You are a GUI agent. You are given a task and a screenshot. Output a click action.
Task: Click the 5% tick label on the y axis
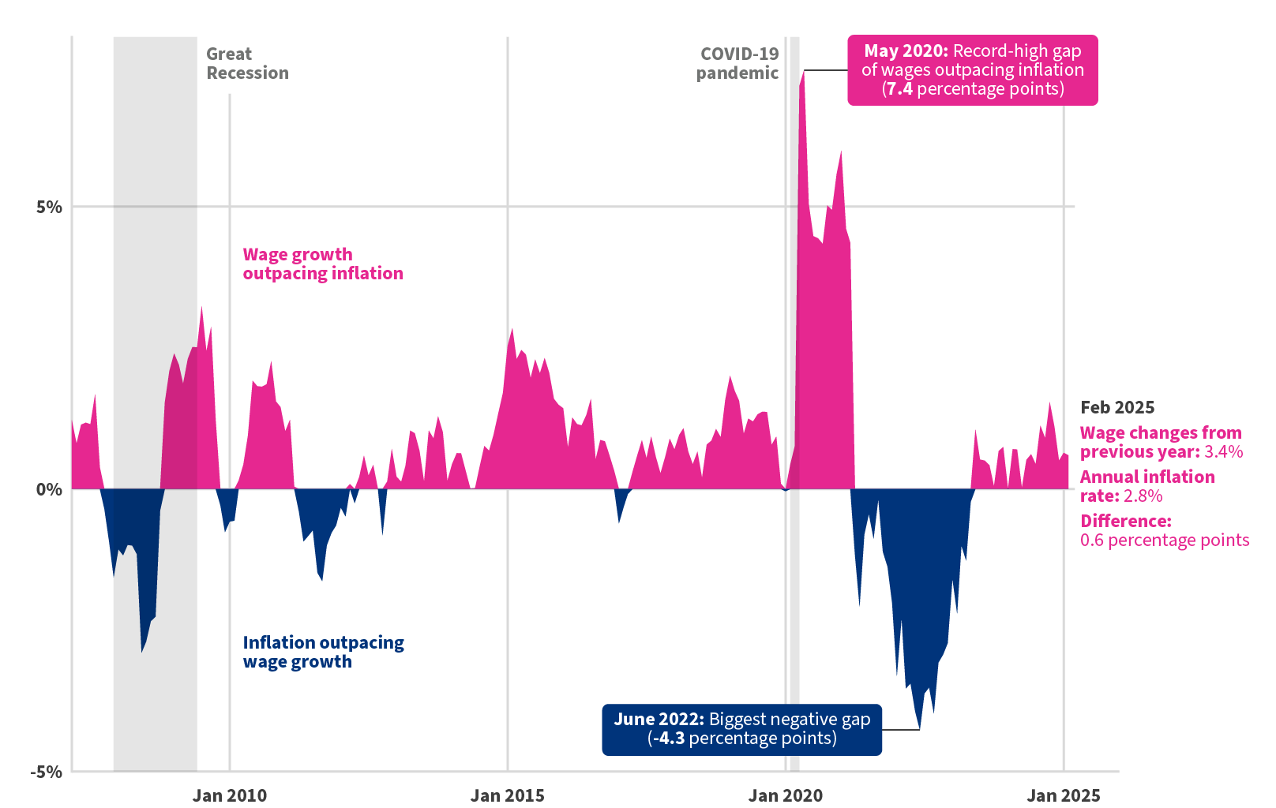(x=48, y=208)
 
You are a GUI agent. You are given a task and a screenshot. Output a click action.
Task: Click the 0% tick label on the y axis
(x=48, y=489)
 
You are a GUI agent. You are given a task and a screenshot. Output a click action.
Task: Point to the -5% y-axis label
(x=46, y=772)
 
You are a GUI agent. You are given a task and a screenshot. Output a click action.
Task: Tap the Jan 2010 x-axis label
(x=229, y=795)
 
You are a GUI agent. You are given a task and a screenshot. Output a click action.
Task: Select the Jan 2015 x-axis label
(x=507, y=795)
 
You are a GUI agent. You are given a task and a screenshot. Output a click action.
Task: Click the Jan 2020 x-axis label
(x=785, y=795)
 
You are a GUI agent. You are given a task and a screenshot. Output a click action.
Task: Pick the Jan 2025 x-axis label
(x=1063, y=795)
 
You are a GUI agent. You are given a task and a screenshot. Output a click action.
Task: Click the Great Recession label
(x=246, y=64)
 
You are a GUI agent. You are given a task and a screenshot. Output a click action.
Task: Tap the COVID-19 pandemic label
(x=737, y=64)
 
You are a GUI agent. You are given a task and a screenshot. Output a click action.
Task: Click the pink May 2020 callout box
(x=972, y=70)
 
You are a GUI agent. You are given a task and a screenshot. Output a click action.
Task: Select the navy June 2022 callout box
(x=741, y=730)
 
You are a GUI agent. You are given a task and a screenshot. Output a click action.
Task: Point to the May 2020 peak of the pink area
(x=802, y=73)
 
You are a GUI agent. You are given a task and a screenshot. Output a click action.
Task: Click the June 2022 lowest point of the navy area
(x=919, y=728)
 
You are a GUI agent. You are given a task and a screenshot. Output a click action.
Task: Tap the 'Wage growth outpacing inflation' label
(x=322, y=264)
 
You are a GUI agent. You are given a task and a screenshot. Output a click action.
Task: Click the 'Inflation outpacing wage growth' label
(x=322, y=653)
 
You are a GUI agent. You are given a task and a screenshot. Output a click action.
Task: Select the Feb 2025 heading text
(x=1116, y=408)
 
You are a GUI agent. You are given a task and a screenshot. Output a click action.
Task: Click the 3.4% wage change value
(x=1223, y=452)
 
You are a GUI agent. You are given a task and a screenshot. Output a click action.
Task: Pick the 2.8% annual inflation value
(x=1143, y=496)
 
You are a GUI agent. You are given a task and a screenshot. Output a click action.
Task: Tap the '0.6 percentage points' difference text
(x=1164, y=541)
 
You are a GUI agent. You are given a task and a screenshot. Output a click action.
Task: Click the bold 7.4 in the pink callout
(x=899, y=89)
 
